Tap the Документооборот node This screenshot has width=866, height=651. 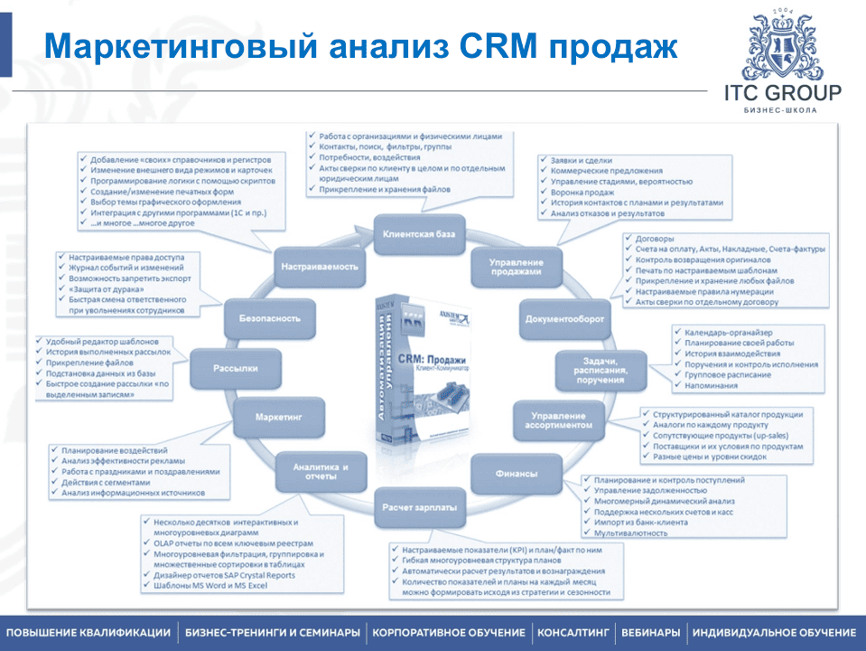(565, 318)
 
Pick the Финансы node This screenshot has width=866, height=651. (516, 473)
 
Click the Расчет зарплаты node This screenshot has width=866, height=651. (418, 506)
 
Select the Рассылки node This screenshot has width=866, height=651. (236, 368)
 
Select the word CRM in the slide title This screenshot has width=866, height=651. (507, 44)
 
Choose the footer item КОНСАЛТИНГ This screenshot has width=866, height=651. (573, 632)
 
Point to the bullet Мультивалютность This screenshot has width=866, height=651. (631, 533)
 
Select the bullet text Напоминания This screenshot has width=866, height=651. (712, 383)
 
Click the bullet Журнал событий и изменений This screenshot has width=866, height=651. (126, 269)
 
